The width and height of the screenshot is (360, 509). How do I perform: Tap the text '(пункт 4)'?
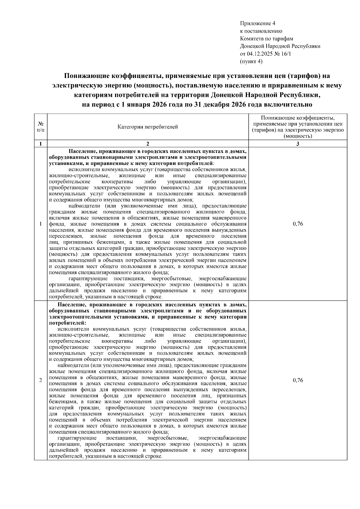click(x=251, y=61)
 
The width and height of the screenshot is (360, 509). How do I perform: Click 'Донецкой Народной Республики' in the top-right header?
click(x=280, y=46)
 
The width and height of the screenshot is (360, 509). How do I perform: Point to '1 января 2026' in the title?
click(x=139, y=105)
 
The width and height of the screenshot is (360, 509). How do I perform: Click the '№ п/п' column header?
click(x=40, y=127)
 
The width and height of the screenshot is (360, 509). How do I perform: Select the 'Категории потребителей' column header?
click(x=148, y=127)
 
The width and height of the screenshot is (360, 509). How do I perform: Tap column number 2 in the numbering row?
click(x=148, y=144)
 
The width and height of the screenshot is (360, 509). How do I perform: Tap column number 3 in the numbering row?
click(x=298, y=144)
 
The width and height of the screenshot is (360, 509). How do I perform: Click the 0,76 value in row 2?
click(x=298, y=380)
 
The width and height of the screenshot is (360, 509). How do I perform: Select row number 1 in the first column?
click(x=40, y=224)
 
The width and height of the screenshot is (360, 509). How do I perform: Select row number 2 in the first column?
click(x=40, y=380)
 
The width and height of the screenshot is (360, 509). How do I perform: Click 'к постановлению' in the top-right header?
click(x=261, y=31)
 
